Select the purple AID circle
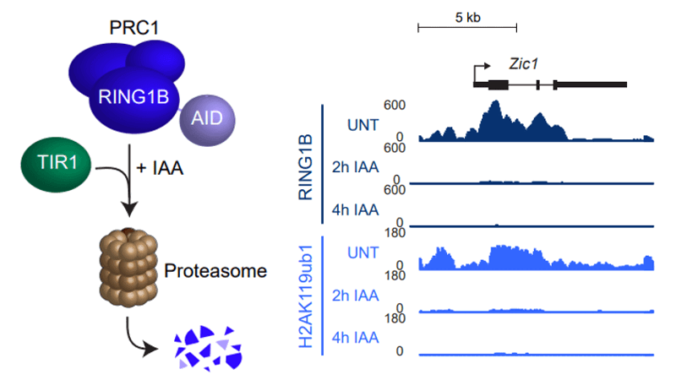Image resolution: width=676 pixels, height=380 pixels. point(207,117)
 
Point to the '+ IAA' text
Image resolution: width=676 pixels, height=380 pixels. point(160,168)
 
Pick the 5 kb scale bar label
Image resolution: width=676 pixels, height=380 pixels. point(467,17)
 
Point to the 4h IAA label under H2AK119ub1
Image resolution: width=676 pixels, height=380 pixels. point(357,337)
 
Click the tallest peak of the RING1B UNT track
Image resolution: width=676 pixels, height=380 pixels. point(495,104)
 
